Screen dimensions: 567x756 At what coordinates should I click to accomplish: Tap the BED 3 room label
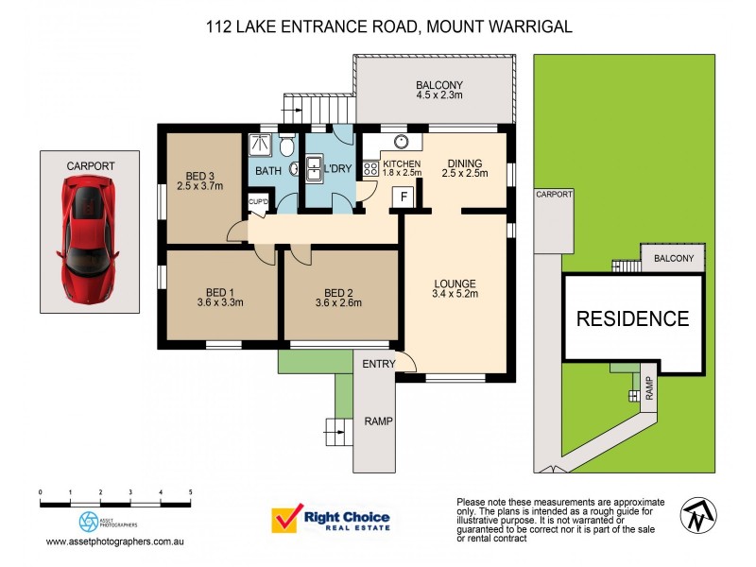[199, 175]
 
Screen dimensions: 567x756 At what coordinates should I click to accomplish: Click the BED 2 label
[338, 292]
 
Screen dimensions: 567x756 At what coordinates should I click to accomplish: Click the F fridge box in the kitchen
[404, 196]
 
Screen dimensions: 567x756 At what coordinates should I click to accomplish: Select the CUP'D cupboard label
[258, 201]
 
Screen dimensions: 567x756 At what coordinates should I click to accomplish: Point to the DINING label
[465, 163]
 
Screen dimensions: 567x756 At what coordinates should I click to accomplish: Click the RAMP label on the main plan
[378, 421]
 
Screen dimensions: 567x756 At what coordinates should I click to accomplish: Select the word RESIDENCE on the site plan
[633, 318]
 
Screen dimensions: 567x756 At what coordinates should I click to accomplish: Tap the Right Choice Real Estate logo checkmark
[284, 520]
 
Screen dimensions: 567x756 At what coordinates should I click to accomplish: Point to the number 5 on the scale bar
[190, 492]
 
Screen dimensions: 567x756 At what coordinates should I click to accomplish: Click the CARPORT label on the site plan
[555, 194]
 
